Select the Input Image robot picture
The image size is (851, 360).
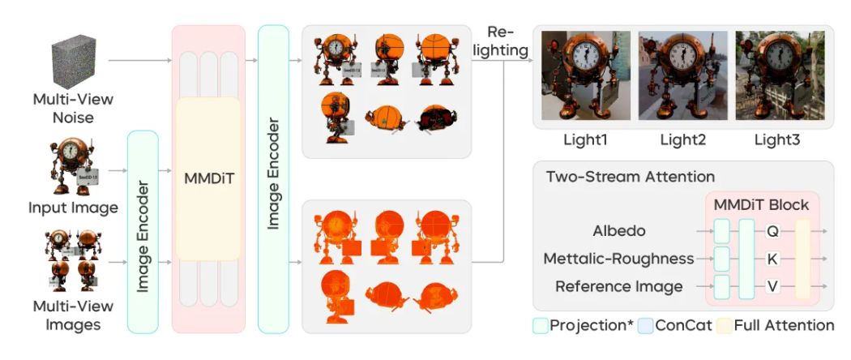(73, 169)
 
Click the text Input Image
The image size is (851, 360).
(74, 208)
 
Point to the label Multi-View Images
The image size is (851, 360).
(73, 315)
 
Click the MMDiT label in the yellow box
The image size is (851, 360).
(208, 176)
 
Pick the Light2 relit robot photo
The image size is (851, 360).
(682, 75)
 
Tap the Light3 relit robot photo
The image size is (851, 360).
(778, 75)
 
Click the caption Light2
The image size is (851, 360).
(682, 140)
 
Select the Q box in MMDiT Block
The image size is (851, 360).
(772, 231)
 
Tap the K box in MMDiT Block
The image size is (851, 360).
(772, 259)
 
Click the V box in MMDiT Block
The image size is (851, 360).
(772, 286)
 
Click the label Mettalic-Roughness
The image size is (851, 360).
(619, 259)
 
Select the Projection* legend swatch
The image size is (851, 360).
(541, 326)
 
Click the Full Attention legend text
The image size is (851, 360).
(784, 326)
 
